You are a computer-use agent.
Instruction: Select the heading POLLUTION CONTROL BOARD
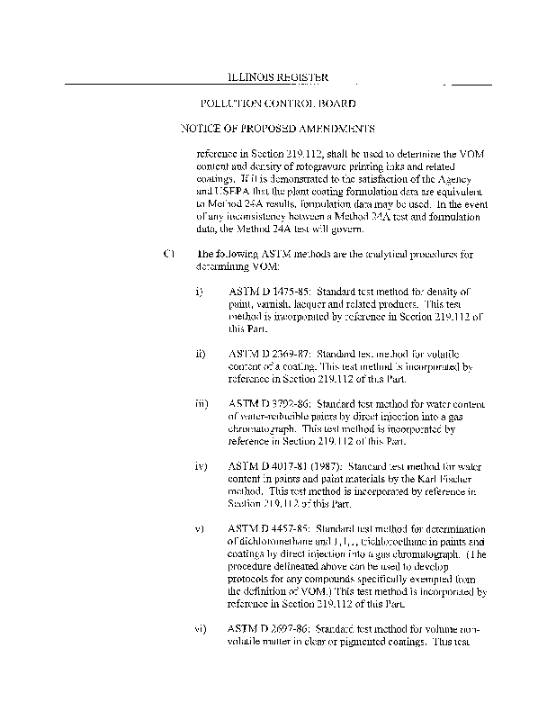[x=278, y=103]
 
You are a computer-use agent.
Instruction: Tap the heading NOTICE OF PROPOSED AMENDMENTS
[x=278, y=129]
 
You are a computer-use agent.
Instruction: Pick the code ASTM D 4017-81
[x=265, y=468]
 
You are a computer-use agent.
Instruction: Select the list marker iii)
[x=202, y=406]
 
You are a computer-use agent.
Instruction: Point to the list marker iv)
[x=202, y=468]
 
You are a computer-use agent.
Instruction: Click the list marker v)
[x=200, y=529]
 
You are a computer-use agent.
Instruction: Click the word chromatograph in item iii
[x=261, y=430]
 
